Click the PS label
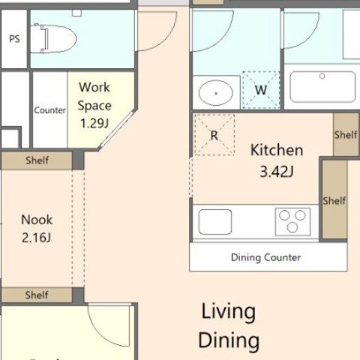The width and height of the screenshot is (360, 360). click(14, 39)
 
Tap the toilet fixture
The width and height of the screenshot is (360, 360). click(53, 38)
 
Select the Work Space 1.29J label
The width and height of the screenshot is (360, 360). click(94, 105)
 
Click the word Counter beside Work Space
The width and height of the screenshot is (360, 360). click(49, 110)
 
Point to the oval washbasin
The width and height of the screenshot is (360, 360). click(216, 93)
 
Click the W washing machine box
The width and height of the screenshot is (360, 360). click(261, 90)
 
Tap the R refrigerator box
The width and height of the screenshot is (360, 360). click(214, 135)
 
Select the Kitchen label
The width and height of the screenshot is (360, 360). click(277, 150)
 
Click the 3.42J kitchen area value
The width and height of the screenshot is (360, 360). click(277, 172)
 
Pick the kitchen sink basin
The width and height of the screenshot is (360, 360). click(215, 222)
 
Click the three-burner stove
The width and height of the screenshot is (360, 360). click(292, 222)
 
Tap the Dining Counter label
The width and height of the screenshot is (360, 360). click(266, 257)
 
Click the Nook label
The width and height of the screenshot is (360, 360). click(37, 220)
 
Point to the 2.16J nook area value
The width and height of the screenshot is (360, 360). click(37, 238)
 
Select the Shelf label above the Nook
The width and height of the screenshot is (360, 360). click(37, 160)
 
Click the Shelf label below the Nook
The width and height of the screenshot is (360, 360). click(37, 295)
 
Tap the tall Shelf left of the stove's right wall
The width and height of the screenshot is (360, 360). click(334, 199)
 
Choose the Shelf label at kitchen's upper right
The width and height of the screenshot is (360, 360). click(346, 135)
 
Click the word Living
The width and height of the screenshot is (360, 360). click(229, 312)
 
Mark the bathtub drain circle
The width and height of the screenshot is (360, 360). click(322, 76)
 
